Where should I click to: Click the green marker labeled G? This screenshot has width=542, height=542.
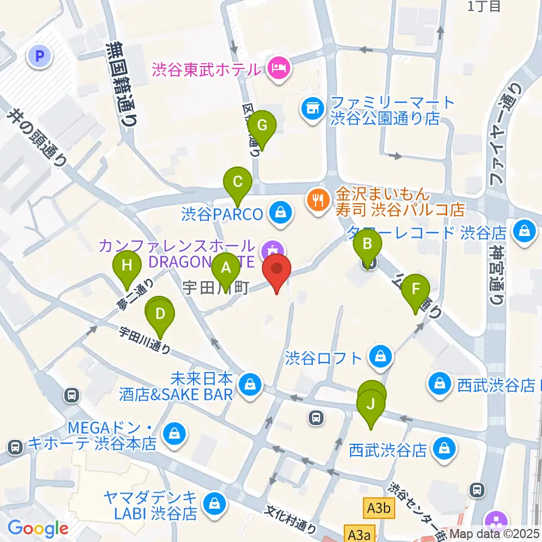(262, 125)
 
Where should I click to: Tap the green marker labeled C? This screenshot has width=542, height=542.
(238, 182)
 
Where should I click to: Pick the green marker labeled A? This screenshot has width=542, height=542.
(226, 268)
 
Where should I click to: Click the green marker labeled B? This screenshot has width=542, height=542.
(368, 244)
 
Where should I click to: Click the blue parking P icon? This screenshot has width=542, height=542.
(40, 55)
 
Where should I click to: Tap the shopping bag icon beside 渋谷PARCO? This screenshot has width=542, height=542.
(279, 213)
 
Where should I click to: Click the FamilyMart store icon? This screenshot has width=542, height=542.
(311, 108)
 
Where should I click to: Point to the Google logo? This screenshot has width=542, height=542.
(38, 528)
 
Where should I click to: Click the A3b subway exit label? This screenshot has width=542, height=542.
(378, 509)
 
